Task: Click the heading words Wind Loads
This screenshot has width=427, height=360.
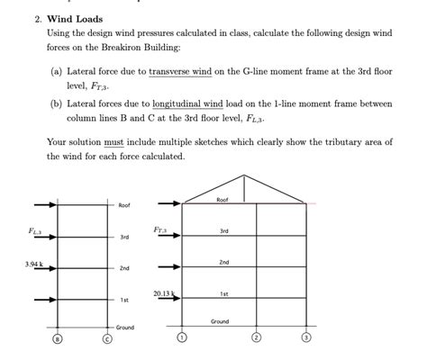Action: click(75, 19)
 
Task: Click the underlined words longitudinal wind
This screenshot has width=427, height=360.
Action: click(203, 103)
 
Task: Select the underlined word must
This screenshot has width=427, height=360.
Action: click(114, 142)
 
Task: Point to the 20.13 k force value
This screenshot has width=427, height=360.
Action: click(163, 293)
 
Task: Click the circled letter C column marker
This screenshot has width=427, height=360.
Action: click(107, 338)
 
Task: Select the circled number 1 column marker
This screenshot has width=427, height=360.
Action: click(181, 338)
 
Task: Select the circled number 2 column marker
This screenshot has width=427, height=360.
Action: click(256, 338)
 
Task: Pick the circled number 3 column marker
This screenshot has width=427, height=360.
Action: click(306, 338)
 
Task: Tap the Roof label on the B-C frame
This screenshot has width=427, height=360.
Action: click(124, 205)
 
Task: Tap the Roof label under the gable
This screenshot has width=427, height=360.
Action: click(223, 199)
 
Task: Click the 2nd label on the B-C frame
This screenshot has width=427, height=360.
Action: click(124, 268)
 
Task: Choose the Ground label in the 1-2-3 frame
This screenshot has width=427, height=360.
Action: click(220, 320)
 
